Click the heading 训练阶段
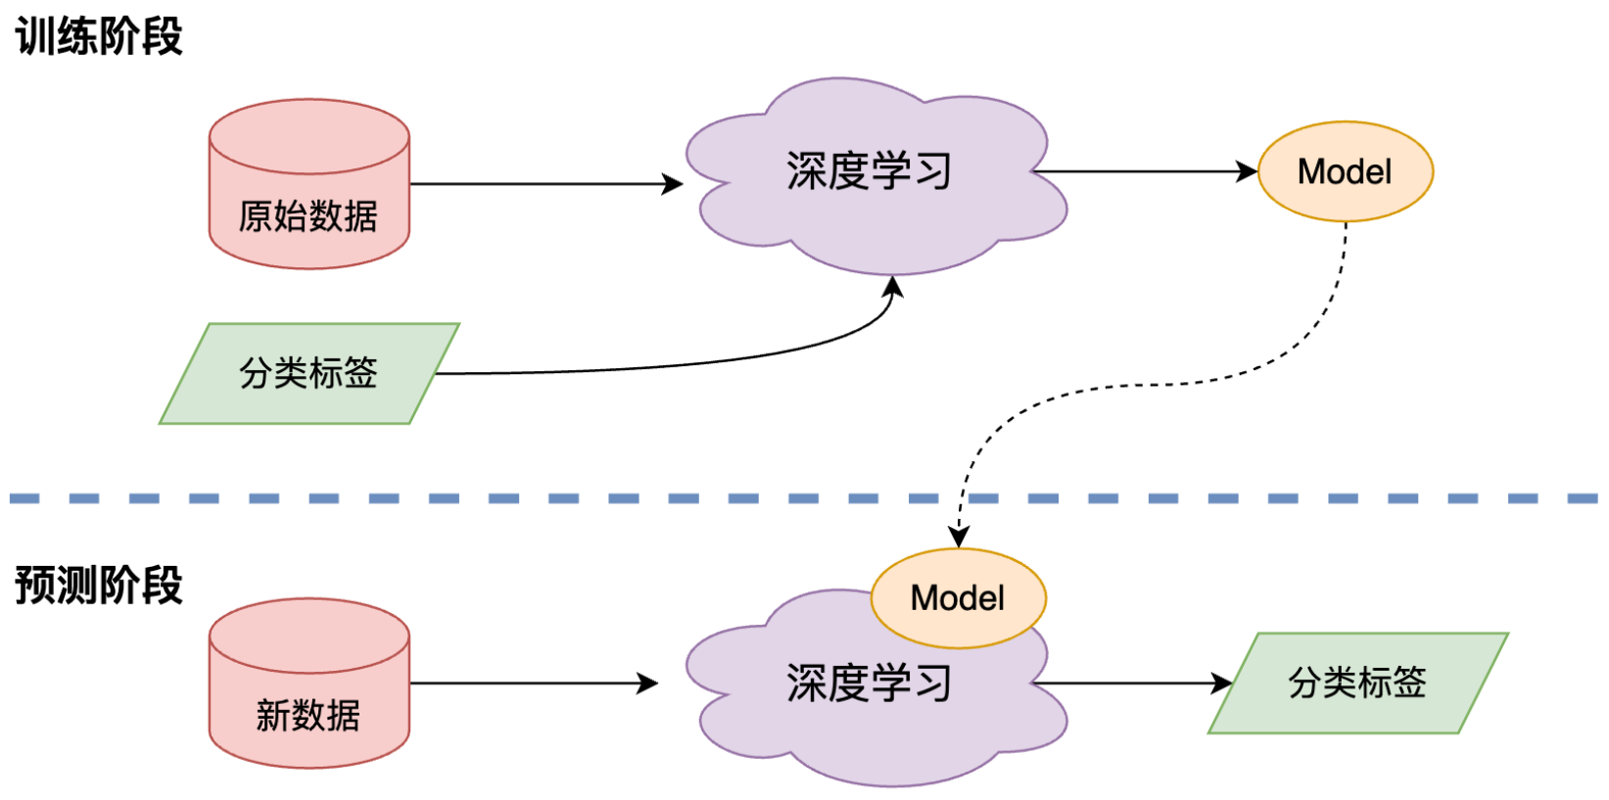click(99, 37)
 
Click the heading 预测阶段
click(99, 586)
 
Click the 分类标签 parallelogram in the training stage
click(308, 373)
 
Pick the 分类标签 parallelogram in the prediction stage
click(1357, 682)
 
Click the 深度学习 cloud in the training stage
click(869, 171)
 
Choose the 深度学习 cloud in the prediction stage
click(869, 705)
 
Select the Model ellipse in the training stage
click(1345, 172)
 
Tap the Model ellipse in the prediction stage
click(958, 598)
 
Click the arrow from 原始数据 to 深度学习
click(539, 184)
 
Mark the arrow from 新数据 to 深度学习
click(529, 683)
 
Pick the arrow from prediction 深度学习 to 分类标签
click(1126, 683)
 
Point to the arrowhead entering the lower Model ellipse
click(959, 537)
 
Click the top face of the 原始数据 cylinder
click(308, 136)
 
